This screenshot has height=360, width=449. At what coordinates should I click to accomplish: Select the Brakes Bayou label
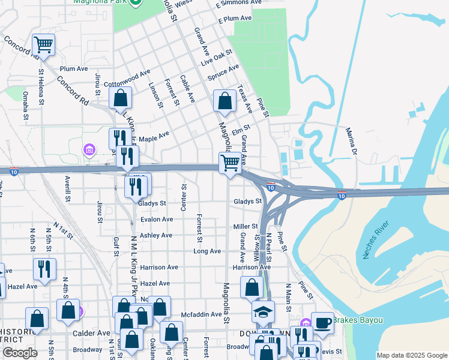358,320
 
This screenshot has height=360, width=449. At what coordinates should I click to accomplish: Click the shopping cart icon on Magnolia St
230,163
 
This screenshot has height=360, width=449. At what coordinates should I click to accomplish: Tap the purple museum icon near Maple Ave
89,149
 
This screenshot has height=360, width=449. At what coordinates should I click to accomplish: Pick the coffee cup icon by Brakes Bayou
322,323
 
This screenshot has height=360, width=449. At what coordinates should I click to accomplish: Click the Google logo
20,353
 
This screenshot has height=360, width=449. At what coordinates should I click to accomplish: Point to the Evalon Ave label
157,220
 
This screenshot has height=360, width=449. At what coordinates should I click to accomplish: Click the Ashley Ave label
155,236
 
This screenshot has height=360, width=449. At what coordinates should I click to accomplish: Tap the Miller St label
246,226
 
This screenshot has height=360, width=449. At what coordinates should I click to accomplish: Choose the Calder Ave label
91,333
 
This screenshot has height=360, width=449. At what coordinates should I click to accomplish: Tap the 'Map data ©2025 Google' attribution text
412,355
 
